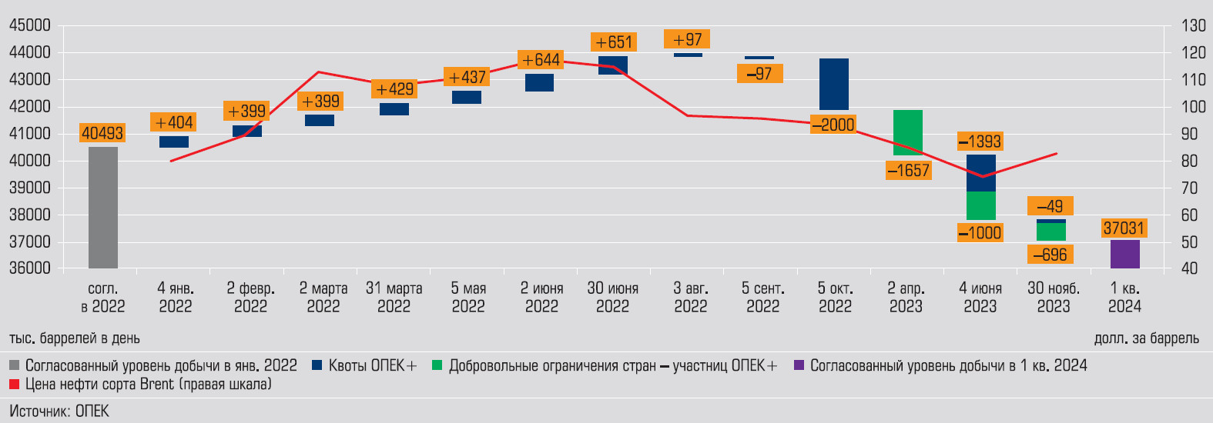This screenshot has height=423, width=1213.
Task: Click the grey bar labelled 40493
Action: tap(103, 208)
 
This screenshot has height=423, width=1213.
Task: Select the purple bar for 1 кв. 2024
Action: tap(1124, 254)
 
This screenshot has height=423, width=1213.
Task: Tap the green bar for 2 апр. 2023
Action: tap(908, 132)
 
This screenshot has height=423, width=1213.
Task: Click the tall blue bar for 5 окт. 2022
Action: tap(834, 84)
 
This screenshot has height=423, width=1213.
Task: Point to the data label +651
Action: tap(614, 42)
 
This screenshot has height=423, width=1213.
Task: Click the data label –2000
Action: tap(833, 125)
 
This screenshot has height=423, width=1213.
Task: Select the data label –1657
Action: tap(908, 171)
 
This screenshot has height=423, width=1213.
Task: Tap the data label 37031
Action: tap(1124, 228)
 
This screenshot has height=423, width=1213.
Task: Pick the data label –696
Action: tap(1050, 255)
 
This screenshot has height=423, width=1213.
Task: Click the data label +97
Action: tap(687, 39)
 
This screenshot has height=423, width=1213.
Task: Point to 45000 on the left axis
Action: tap(30, 25)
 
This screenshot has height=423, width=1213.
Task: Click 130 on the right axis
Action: tap(1194, 25)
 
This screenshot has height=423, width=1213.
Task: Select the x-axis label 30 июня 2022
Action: tap(613, 297)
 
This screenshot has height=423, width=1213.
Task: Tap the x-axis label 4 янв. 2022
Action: tap(176, 297)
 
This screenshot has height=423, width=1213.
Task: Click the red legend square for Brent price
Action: tap(15, 385)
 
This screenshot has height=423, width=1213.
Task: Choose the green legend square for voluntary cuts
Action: tap(437, 365)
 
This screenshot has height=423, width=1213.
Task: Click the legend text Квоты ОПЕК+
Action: tap(373, 365)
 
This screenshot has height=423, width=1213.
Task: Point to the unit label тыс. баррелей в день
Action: tap(75, 338)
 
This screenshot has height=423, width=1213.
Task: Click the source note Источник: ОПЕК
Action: tap(59, 411)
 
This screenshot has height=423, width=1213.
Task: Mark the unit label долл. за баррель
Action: tap(1146, 338)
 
